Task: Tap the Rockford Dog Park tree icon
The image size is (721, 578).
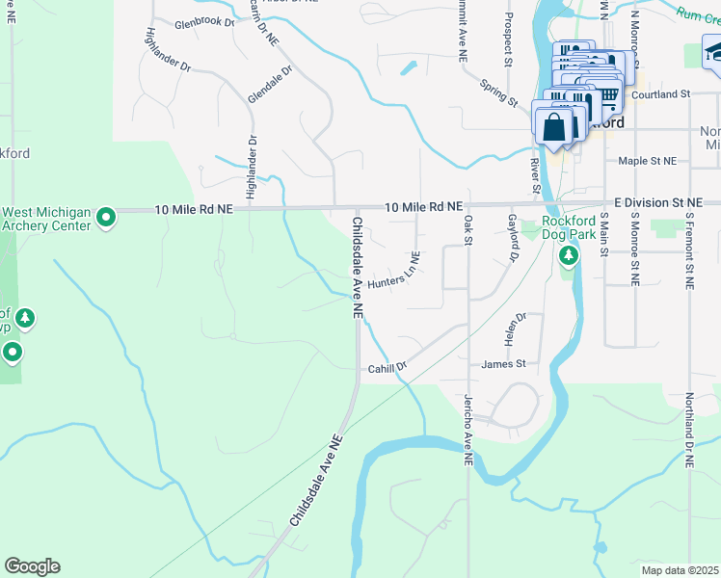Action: pyautogui.click(x=569, y=255)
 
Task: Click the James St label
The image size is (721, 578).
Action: pyautogui.click(x=503, y=363)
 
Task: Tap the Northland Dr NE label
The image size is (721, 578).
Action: pyautogui.click(x=689, y=430)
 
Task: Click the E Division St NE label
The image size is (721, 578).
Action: pyautogui.click(x=657, y=202)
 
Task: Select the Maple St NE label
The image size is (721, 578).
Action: pyautogui.click(x=648, y=161)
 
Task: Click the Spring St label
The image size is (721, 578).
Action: pyautogui.click(x=498, y=92)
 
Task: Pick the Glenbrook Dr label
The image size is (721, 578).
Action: pyautogui.click(x=204, y=22)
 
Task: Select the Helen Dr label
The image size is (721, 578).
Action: pyautogui.click(x=512, y=329)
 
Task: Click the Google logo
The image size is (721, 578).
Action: pyautogui.click(x=32, y=566)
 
